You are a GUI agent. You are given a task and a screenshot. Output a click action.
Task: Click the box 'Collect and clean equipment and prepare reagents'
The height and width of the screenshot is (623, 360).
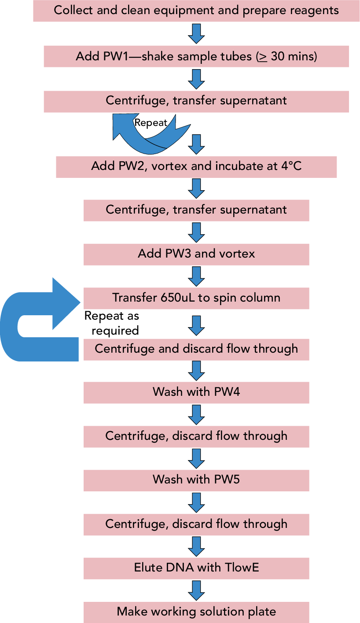click(196, 11)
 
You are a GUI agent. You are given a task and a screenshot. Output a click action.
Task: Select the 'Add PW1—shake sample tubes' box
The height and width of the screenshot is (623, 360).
click(196, 57)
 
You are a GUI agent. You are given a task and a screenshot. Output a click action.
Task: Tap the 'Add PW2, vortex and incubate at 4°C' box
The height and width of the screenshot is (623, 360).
click(196, 166)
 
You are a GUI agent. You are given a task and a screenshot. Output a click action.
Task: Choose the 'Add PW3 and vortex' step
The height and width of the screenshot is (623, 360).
click(196, 254)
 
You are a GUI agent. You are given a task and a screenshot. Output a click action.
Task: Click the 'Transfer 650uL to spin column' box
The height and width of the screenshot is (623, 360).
click(196, 298)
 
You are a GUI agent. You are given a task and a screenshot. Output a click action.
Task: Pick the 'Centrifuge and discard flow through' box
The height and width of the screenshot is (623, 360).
click(196, 349)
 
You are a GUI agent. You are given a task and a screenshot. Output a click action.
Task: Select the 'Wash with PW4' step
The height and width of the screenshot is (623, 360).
click(196, 392)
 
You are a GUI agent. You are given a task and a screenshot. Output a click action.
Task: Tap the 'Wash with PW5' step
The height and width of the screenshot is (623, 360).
click(196, 480)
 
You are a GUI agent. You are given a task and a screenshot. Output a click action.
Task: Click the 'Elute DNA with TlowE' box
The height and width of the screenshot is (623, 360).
click(196, 568)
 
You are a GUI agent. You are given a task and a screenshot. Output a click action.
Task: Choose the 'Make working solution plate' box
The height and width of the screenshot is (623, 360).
click(196, 612)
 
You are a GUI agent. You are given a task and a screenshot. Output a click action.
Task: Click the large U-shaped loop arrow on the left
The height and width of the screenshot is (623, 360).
click(26, 326)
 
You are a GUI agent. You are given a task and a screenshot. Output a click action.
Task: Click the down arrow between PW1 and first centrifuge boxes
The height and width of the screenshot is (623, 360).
click(196, 79)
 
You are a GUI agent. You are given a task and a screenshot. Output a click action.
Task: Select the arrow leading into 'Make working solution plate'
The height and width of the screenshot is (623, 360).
click(196, 590)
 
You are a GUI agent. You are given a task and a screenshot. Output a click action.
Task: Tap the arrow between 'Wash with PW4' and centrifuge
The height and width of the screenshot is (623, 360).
click(196, 414)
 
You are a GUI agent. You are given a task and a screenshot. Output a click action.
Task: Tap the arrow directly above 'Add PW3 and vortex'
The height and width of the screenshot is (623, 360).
click(196, 232)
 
